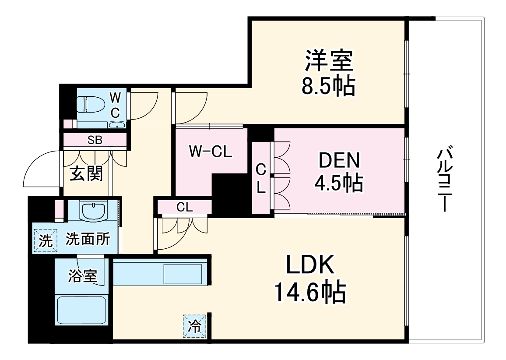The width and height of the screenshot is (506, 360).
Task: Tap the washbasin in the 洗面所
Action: tap(93, 212)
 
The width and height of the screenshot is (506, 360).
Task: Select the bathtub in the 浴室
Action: tap(81, 310)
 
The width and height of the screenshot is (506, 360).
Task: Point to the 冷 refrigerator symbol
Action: tap(194, 326)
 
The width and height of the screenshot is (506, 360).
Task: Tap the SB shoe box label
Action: tap(95, 141)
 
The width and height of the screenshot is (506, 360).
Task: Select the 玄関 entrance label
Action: tap(87, 174)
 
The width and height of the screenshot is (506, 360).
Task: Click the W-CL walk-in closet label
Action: tap(211, 152)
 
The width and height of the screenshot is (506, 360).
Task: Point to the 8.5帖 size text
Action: tap(328, 87)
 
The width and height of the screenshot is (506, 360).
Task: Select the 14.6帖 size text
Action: tap(310, 293)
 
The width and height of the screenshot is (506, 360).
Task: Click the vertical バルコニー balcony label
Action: tap(445, 180)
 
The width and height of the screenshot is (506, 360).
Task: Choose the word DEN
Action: tap(339, 161)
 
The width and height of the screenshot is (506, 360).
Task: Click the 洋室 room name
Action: tap(329, 61)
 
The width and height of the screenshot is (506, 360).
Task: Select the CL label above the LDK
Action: tap(184, 207)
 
